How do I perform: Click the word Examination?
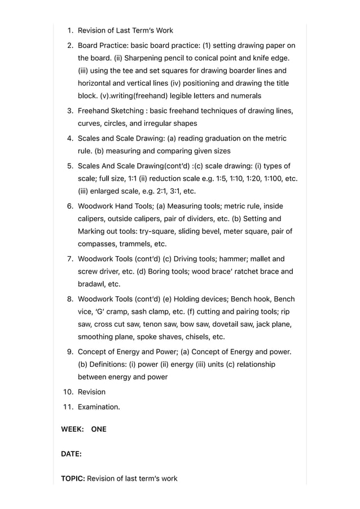(x=99, y=407)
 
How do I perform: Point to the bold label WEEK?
(x=72, y=429)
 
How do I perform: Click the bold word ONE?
(x=99, y=429)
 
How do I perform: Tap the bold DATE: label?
(x=71, y=454)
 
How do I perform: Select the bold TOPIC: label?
(x=73, y=479)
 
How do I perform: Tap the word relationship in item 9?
(x=256, y=365)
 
